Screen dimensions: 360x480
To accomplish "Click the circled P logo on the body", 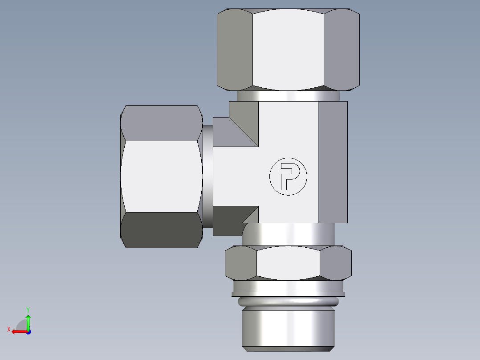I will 288,176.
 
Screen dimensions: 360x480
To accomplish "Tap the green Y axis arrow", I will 28,319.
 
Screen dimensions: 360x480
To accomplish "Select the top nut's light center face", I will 288,48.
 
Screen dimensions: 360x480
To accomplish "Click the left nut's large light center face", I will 160,176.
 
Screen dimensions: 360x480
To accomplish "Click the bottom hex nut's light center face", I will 288,263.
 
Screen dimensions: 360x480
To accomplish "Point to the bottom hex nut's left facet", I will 240,263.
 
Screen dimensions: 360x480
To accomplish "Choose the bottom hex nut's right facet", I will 336,263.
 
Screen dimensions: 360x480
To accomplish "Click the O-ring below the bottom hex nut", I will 288,302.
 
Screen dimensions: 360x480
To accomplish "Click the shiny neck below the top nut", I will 288,96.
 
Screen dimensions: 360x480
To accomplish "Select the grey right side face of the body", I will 333,161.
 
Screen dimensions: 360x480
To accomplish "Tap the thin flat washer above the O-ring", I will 288,294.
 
